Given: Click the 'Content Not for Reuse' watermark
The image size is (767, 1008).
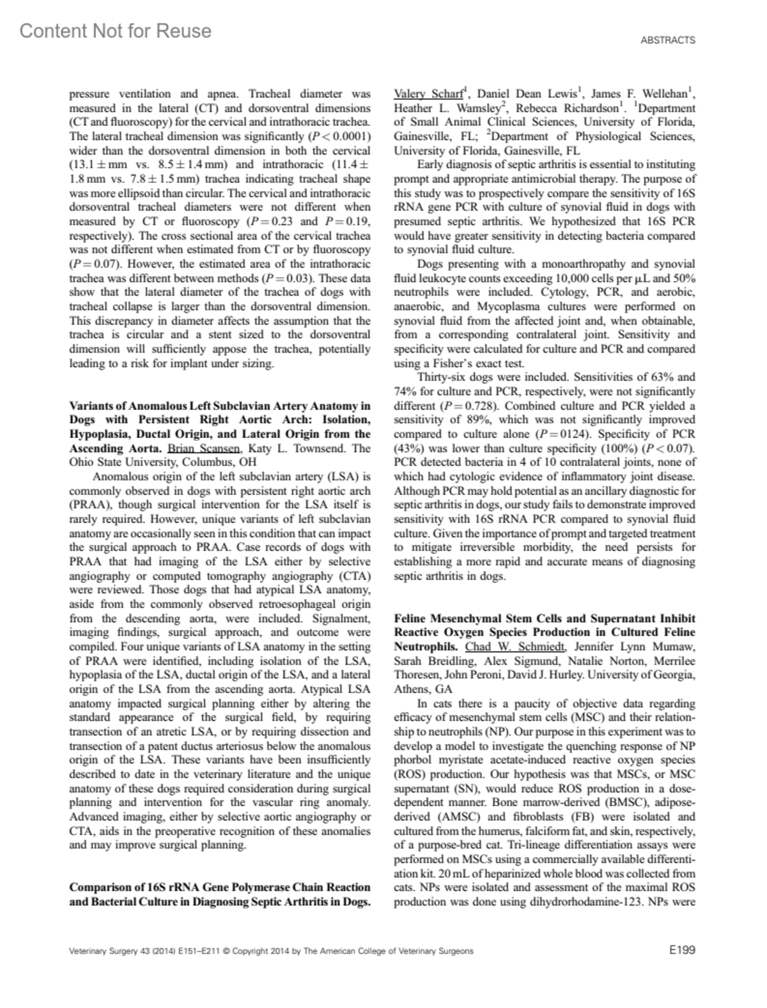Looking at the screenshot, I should coord(116,31).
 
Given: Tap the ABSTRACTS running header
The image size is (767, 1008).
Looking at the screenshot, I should coord(668,40).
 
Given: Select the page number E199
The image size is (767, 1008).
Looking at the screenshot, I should coord(682,950).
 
